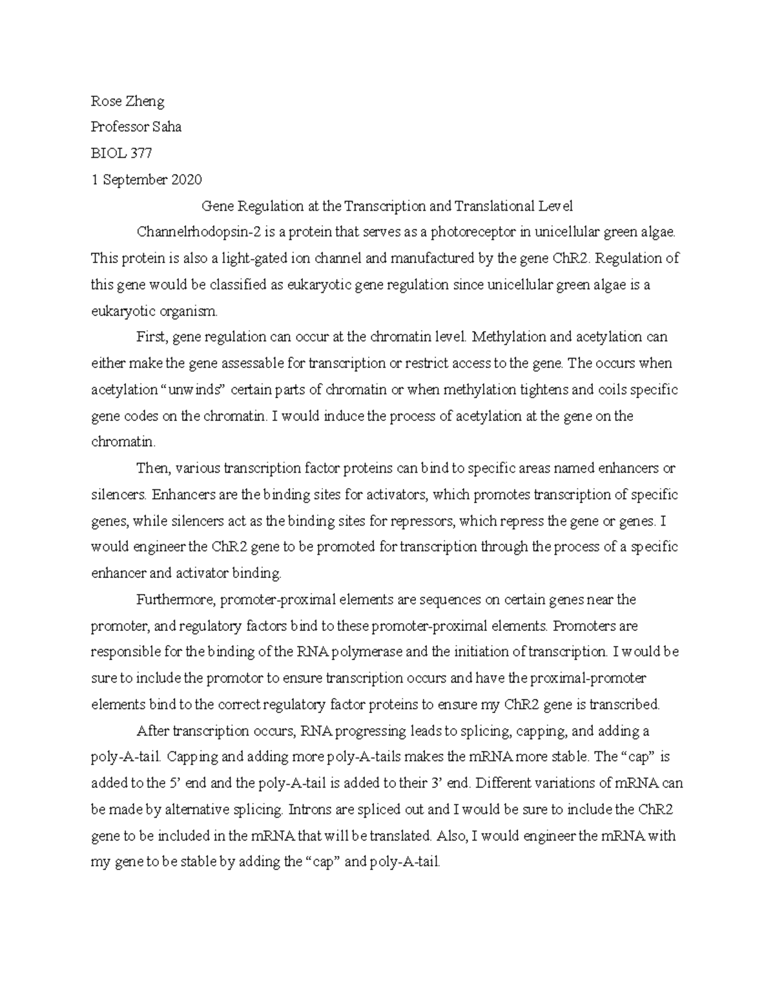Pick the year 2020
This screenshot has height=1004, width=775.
(187, 180)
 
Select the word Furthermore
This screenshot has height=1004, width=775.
(175, 599)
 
